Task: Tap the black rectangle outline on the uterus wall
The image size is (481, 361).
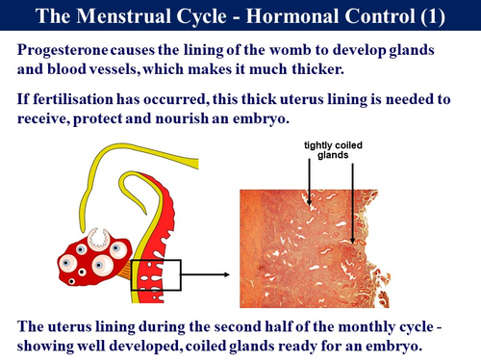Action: tap(156, 274)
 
